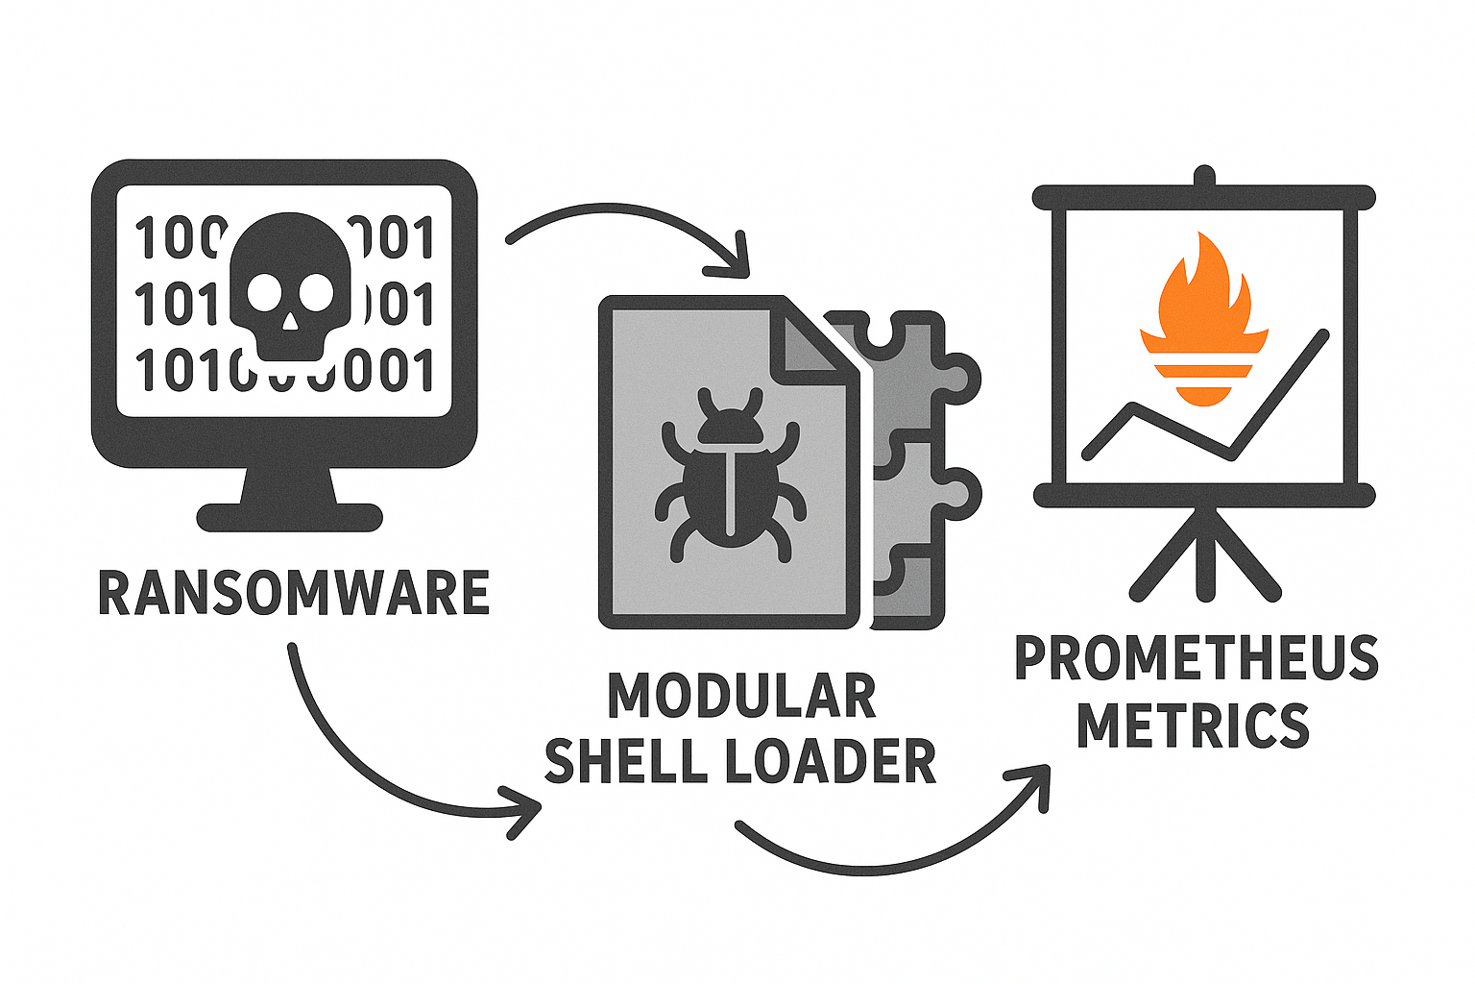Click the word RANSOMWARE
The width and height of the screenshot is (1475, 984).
click(294, 593)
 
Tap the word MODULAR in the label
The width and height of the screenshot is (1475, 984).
click(742, 696)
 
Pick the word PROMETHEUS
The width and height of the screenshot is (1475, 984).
click(1197, 658)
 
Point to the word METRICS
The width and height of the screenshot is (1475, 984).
click(1193, 726)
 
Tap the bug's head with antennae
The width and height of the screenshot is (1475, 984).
click(727, 418)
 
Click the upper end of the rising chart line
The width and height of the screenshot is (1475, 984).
click(1324, 335)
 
